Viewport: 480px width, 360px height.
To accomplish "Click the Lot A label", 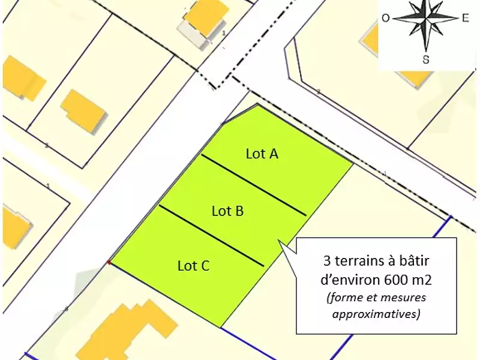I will [x=262, y=154].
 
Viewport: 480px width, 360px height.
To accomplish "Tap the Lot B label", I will [x=227, y=211].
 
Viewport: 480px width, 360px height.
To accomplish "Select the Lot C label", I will [x=193, y=266].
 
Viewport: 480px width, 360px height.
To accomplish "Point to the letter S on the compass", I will [x=425, y=59].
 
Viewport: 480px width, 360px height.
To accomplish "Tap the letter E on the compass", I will [x=464, y=18].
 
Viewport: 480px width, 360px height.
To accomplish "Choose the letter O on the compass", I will [x=385, y=18].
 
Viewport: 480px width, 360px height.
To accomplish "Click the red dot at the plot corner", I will [x=109, y=262].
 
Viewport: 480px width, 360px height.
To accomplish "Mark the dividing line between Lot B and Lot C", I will [x=211, y=236].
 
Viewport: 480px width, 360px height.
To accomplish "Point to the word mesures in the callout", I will [x=404, y=297].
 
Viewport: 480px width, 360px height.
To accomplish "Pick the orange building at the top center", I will [x=205, y=18].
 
